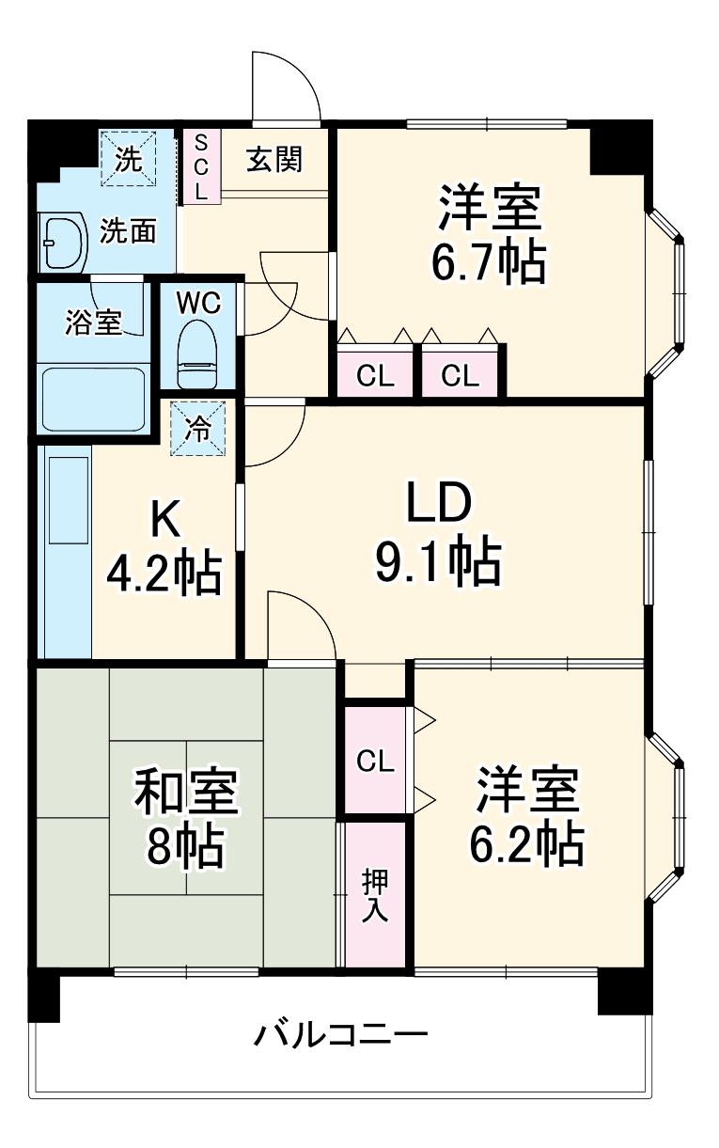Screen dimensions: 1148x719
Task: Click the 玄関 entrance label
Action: click(x=274, y=160)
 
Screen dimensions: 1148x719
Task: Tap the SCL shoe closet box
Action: click(x=200, y=165)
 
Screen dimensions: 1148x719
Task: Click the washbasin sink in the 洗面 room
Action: click(x=61, y=244)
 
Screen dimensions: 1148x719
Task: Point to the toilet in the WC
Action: click(x=197, y=352)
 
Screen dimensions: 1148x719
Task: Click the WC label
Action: click(x=198, y=303)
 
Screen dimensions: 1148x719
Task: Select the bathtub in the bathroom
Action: click(x=92, y=400)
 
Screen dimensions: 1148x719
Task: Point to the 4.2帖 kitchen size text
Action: click(x=164, y=573)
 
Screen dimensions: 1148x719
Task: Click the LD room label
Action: click(x=437, y=505)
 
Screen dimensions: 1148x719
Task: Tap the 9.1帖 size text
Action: click(x=437, y=561)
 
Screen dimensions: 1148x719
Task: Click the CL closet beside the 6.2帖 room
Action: click(x=374, y=760)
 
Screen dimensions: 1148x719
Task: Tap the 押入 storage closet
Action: click(x=375, y=895)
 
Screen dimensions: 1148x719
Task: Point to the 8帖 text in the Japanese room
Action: click(x=184, y=848)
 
